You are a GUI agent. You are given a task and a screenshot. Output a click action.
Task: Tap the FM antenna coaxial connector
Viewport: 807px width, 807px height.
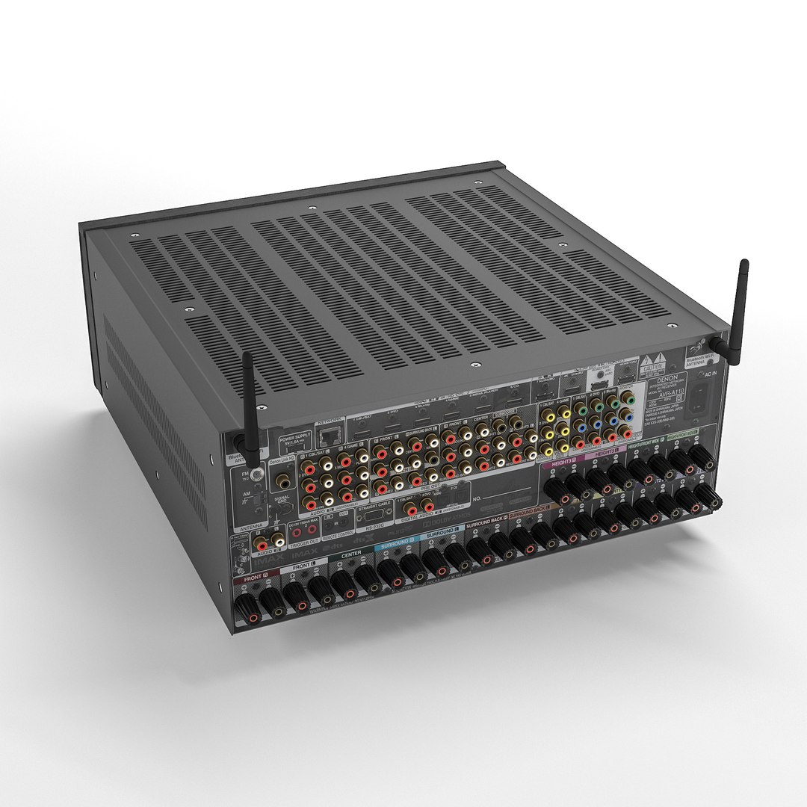pos(257,473)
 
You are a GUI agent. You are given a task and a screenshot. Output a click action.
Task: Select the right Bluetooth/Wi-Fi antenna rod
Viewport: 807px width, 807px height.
pos(740,299)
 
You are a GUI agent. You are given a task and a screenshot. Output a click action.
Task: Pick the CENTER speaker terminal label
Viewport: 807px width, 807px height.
pos(350,554)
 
